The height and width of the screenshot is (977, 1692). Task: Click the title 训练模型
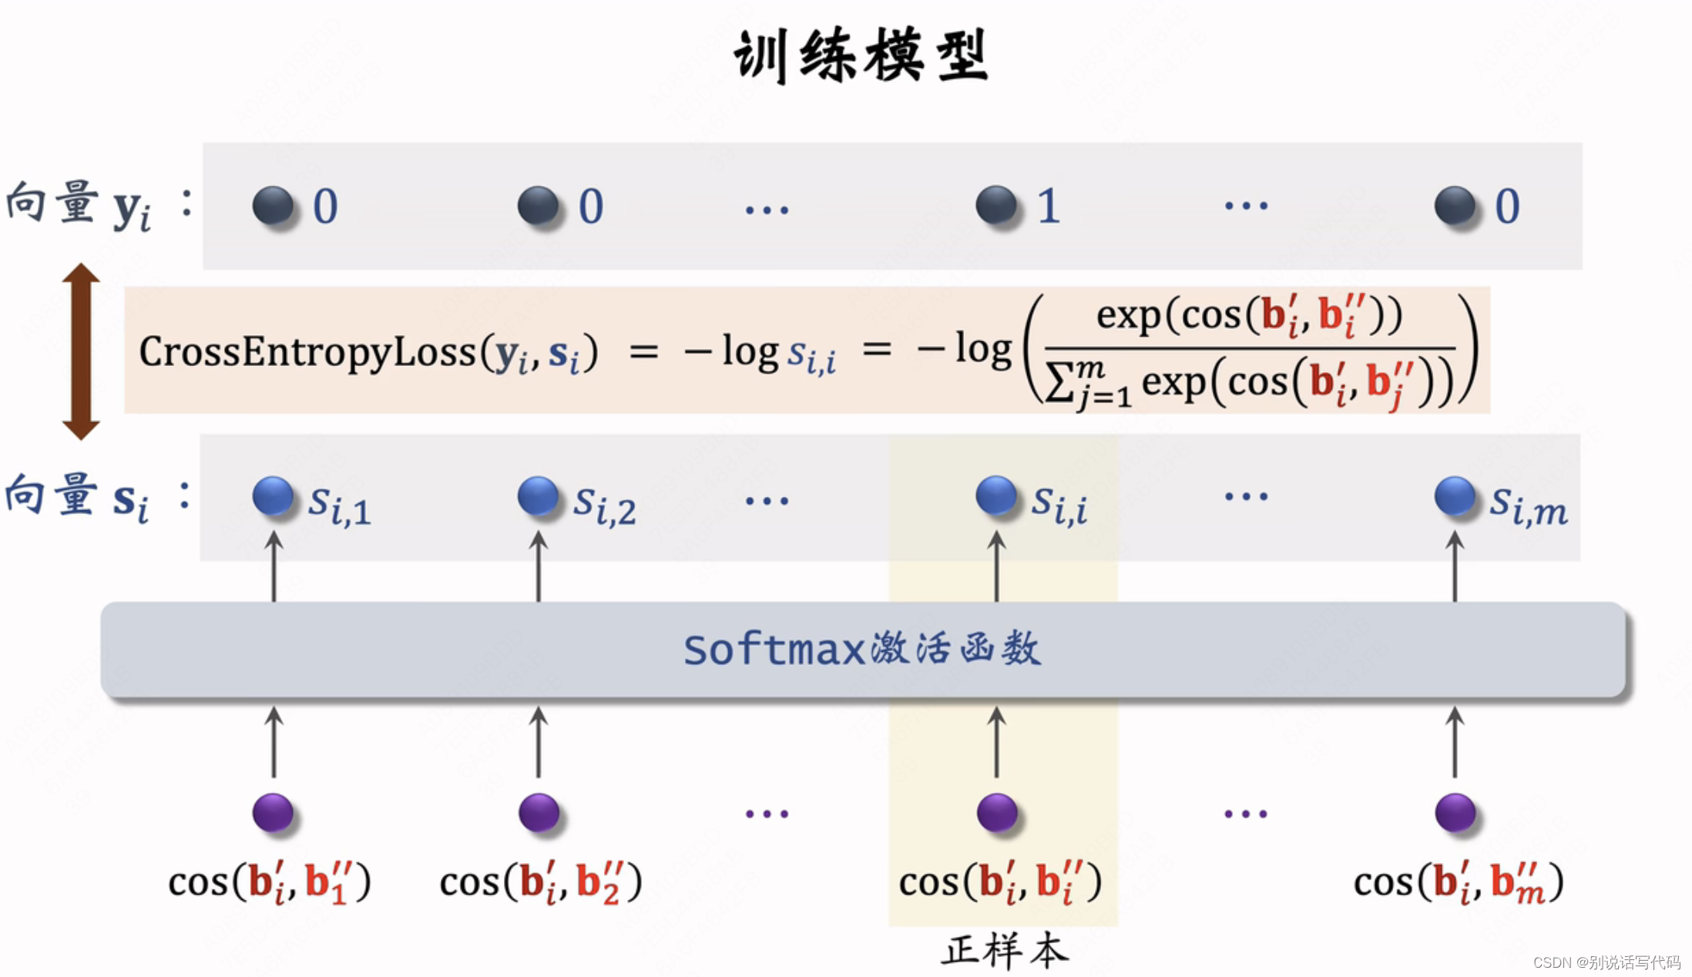861,55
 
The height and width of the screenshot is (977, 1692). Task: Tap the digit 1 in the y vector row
1048,206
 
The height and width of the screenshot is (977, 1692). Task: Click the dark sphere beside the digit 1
996,205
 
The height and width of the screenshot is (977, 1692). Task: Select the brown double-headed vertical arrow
81,351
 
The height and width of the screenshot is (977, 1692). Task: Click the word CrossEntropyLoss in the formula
307,352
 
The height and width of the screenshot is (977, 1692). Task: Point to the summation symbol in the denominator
1059,383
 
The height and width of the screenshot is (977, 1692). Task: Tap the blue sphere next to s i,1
273,495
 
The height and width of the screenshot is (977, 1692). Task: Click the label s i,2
604,505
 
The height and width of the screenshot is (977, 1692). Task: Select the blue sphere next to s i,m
1455,495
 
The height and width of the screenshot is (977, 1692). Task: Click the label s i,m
1528,505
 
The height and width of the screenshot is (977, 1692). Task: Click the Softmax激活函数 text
862,649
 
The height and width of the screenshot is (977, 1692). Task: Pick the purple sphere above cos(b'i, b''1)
273,813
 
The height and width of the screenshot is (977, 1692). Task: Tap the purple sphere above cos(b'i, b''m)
1455,813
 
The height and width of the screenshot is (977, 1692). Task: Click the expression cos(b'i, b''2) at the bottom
541,881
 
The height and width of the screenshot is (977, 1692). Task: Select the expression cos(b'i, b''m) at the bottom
1459,881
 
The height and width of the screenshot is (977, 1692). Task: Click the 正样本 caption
1005,951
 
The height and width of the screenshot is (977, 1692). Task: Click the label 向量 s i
77,497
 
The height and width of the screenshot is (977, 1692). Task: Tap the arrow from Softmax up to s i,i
996,566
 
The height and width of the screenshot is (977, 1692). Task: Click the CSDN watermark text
1606,962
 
